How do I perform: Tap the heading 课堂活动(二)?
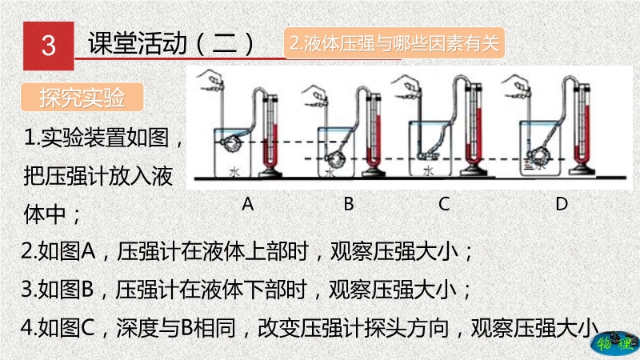click(x=173, y=44)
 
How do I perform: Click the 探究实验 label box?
click(x=82, y=98)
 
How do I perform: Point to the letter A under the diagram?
click(x=248, y=204)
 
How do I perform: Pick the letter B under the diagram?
click(x=348, y=204)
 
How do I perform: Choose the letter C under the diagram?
click(x=444, y=204)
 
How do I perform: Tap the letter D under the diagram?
click(x=562, y=204)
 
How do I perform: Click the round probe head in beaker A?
click(x=230, y=143)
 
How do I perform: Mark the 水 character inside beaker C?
click(x=429, y=170)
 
